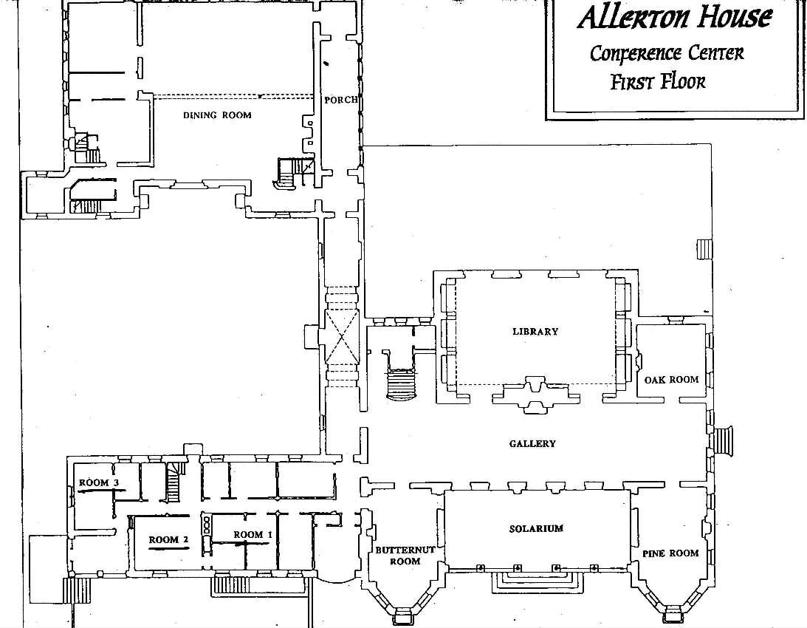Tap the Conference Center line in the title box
coord(667,53)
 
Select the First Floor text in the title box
coord(657,81)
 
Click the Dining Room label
coord(217,115)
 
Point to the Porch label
coord(340,100)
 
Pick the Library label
coord(535,332)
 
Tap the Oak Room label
coord(670,380)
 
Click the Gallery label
coord(532,444)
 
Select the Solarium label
coord(536,529)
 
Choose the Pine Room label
coord(670,553)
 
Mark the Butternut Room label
coord(405,556)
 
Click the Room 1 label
coord(253,534)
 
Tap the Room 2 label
coord(168,540)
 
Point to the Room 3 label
coord(99,483)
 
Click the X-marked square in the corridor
coord(341,336)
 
